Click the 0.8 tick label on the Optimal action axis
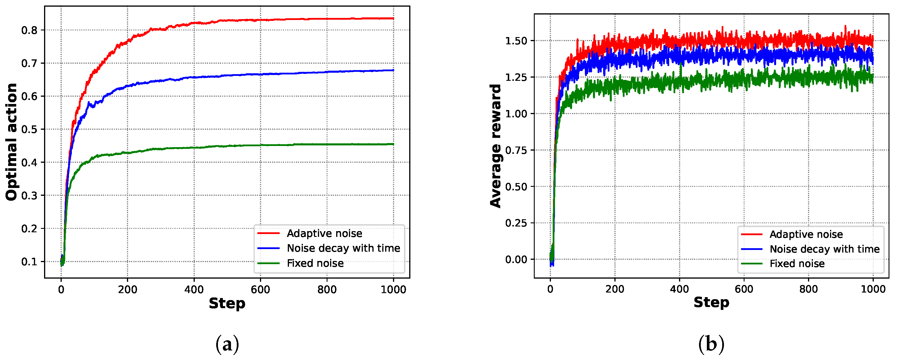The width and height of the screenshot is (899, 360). click(x=29, y=30)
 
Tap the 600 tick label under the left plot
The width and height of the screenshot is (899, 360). click(x=260, y=290)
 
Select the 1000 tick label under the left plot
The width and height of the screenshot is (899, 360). click(x=393, y=290)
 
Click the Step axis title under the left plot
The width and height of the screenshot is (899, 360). click(x=227, y=304)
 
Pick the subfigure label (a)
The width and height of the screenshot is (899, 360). click(x=227, y=344)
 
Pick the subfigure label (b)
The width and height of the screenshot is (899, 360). click(x=711, y=344)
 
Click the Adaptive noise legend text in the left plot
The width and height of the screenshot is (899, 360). click(x=324, y=233)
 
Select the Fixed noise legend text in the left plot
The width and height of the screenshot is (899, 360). click(x=315, y=263)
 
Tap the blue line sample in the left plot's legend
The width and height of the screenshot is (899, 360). click(x=268, y=248)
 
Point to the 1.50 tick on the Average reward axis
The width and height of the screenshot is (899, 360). click(x=516, y=41)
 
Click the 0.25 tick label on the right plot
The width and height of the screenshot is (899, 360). click(x=516, y=223)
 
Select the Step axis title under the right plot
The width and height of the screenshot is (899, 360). click(x=711, y=302)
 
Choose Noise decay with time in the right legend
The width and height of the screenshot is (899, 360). click(x=824, y=249)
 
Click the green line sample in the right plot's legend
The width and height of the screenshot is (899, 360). click(x=752, y=264)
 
